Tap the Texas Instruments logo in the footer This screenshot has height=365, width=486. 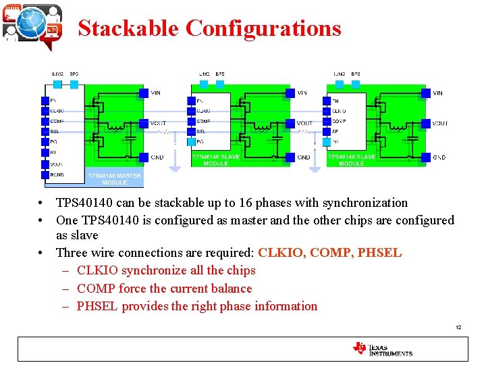point(382,348)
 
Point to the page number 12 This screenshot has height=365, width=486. point(458,327)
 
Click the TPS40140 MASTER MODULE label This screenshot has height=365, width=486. point(114,179)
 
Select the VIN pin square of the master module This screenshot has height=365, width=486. point(143,93)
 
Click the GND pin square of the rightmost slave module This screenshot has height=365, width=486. point(425,157)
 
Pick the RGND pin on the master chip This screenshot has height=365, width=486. point(46,174)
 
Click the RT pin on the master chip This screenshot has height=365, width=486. point(46,153)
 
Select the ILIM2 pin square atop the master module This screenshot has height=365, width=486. point(58,84)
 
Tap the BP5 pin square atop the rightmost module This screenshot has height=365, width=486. point(355,84)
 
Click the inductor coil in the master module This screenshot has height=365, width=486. point(117,126)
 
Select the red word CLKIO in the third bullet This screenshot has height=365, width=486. point(281,253)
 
